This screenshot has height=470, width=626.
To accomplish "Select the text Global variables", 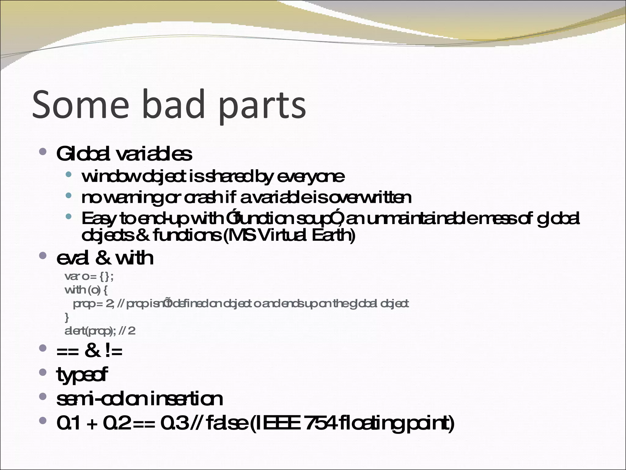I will point(124,154).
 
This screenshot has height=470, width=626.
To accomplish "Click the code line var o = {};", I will point(89,277).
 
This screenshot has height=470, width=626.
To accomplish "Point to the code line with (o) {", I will point(86,290).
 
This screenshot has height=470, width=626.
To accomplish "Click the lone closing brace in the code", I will point(67,318).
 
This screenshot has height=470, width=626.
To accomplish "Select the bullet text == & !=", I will point(89,351).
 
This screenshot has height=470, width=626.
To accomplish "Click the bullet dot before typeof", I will point(43,372).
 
